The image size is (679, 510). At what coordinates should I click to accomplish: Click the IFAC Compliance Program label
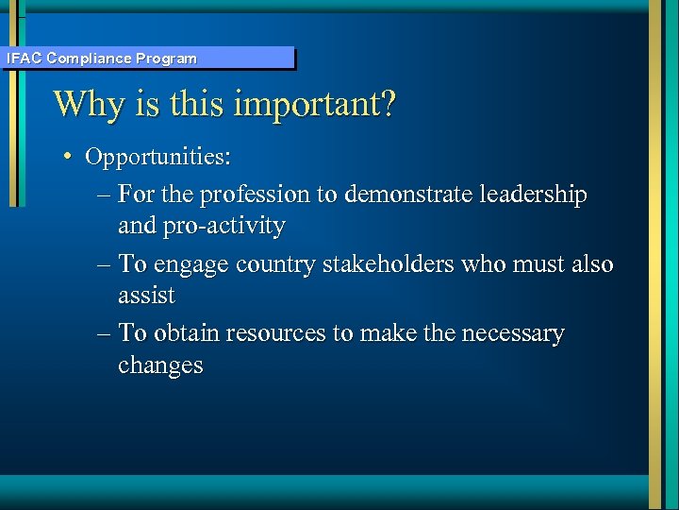(102, 59)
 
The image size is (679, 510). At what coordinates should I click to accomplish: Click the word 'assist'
(146, 296)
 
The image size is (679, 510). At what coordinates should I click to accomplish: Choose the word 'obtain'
(186, 333)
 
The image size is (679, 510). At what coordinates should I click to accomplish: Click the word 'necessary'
(507, 333)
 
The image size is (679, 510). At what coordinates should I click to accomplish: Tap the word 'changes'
(160, 365)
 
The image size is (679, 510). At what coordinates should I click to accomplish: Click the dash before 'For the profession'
(104, 195)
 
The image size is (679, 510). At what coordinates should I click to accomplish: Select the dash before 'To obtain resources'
(104, 334)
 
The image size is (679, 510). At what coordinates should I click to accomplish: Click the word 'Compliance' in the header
(90, 59)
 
